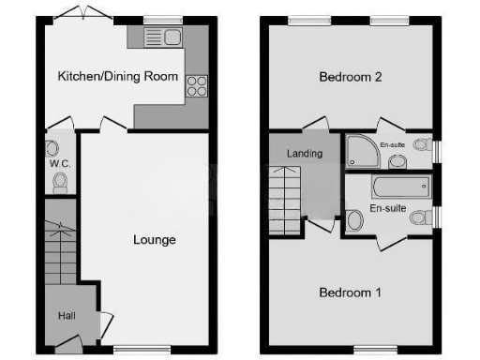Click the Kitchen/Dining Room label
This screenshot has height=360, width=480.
117,77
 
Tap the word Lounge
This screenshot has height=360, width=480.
155,240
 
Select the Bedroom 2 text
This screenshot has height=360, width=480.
349,77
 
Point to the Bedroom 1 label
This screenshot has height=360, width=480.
350,292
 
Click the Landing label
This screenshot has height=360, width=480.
306,154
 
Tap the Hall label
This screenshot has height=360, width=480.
67,317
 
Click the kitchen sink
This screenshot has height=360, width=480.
164,38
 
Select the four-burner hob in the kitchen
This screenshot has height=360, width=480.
198,86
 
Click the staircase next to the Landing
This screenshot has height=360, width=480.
287,199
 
